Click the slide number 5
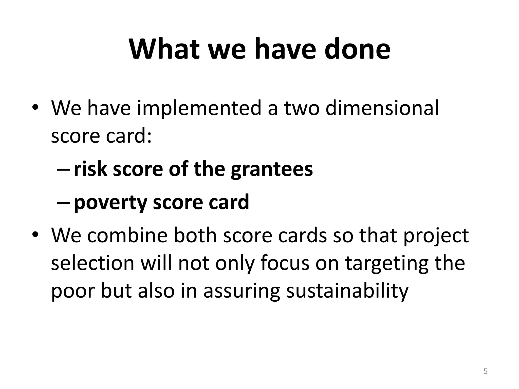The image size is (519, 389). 485,372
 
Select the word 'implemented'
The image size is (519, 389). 199,108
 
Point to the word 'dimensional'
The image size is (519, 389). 382,108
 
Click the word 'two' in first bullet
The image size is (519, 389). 301,108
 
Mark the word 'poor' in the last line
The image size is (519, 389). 73,291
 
